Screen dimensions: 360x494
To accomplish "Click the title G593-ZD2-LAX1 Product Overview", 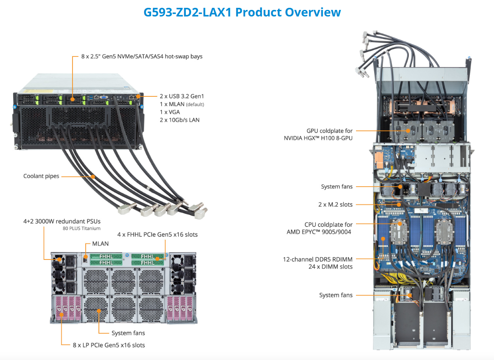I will pos(242,12).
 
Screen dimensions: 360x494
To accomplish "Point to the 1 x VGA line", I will pos(170,112).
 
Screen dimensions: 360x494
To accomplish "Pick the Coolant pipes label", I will pos(41,176).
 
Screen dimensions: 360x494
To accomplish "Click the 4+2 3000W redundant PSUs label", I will pos(62,221).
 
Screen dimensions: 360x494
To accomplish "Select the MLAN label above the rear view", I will pos(101,244).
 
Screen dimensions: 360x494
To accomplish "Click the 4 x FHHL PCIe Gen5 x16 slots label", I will pos(157,235).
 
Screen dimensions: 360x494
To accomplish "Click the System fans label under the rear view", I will pos(128,333).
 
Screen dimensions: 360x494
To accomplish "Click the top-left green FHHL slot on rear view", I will pos(106,257).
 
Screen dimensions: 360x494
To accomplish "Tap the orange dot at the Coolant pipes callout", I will pos(93,176).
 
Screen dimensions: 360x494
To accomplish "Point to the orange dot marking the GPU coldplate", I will pos(410,131).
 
